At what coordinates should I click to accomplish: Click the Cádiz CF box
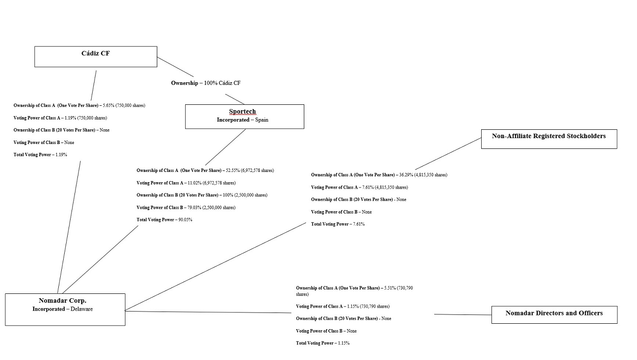tap(96, 56)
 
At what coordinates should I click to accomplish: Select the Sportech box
tap(245, 116)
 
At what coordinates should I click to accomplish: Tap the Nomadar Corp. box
tap(65, 309)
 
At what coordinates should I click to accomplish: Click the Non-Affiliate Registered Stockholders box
tap(549, 139)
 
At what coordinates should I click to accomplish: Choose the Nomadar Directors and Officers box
tap(554, 314)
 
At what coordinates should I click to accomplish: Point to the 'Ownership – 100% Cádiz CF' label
tap(206, 83)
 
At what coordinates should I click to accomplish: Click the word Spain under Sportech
tap(262, 120)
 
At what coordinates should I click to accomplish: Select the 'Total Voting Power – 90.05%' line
tap(165, 220)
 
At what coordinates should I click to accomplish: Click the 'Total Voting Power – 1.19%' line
tap(40, 155)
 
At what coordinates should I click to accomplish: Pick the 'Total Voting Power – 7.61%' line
tap(338, 224)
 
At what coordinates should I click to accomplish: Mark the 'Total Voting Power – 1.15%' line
tap(322, 343)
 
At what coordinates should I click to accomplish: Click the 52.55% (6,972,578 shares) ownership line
tap(205, 170)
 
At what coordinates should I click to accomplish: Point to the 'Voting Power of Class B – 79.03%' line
tap(186, 208)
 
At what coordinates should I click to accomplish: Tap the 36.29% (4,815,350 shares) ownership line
tap(379, 175)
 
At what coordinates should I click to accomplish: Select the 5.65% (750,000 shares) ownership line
tap(79, 105)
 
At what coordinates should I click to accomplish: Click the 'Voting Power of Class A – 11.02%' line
tap(186, 183)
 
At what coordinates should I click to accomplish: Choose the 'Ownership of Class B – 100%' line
tap(202, 195)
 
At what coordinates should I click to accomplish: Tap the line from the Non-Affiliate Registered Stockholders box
tap(448, 153)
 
